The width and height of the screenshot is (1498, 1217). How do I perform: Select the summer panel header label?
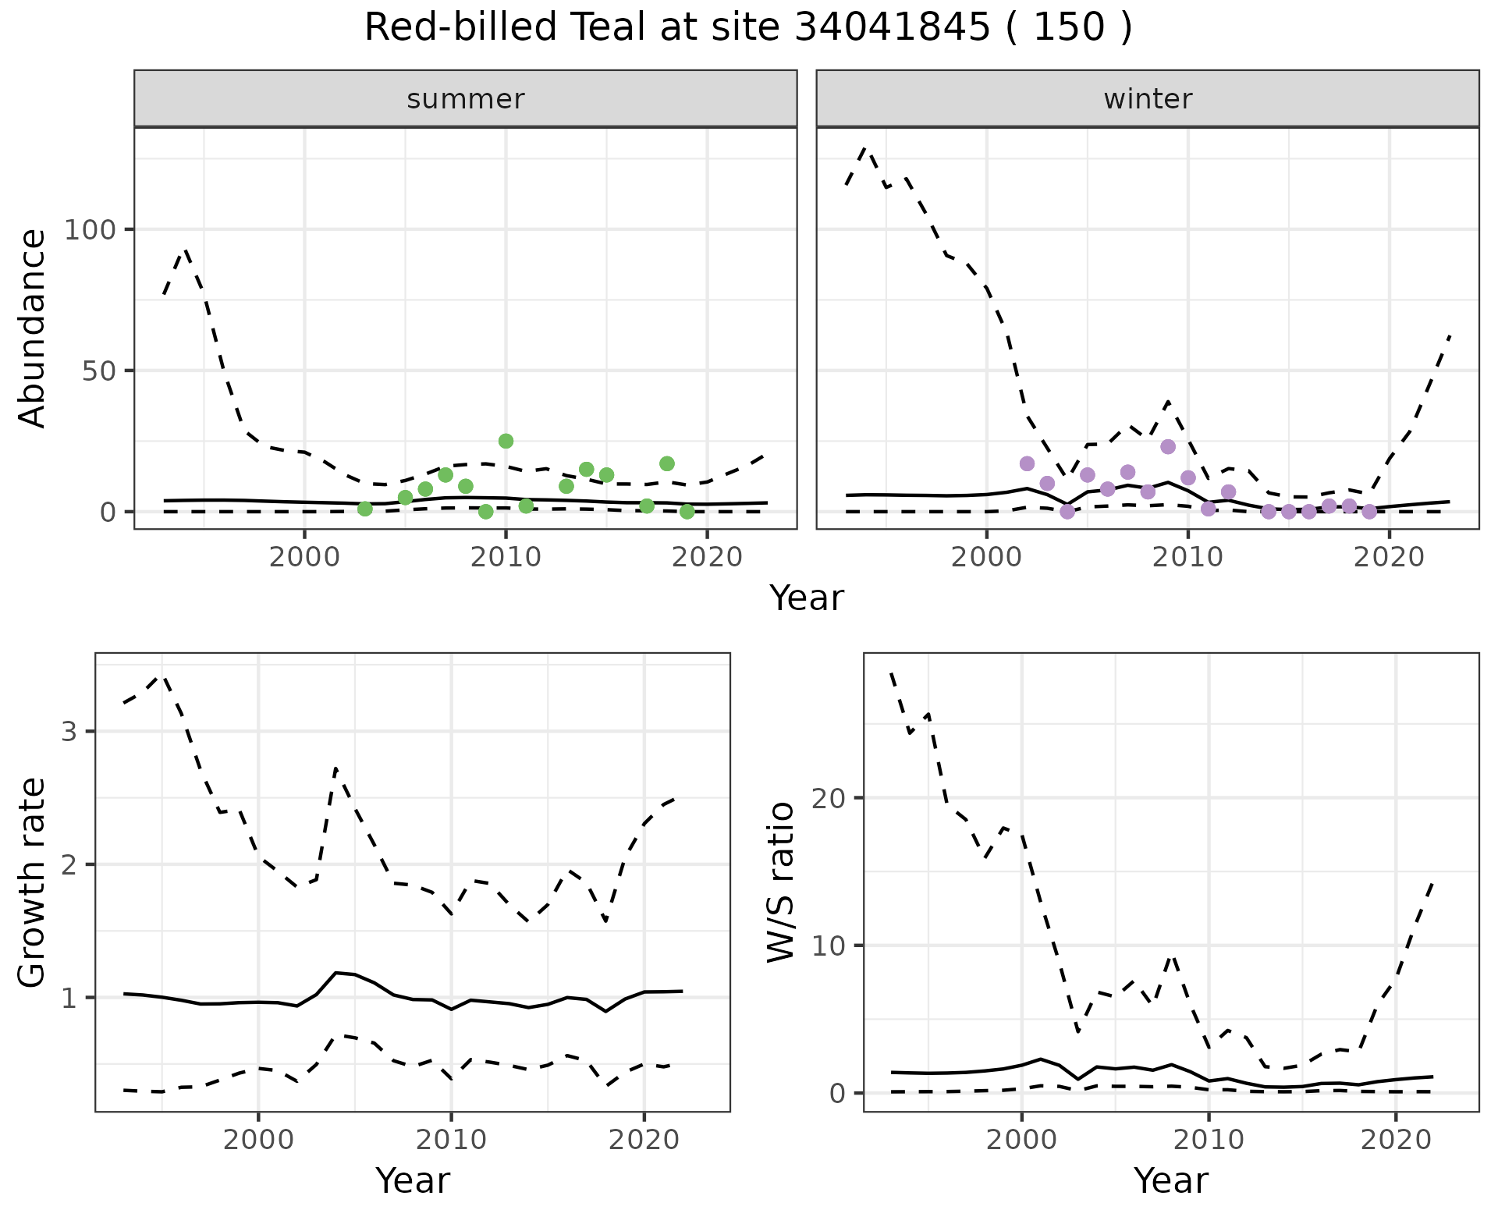(x=466, y=99)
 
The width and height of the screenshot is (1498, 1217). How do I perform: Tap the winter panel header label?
(x=1148, y=99)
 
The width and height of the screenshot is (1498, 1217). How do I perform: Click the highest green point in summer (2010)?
(x=506, y=442)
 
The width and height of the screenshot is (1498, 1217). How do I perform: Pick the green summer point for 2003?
(x=364, y=509)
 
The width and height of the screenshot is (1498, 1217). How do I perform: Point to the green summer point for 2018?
(x=666, y=463)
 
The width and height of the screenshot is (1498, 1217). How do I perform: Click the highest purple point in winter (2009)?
(x=1168, y=447)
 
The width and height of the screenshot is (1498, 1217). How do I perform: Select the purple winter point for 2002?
(x=1027, y=463)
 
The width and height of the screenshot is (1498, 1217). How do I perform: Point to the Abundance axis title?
(x=33, y=328)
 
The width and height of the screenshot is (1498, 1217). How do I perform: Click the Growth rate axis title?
(x=33, y=882)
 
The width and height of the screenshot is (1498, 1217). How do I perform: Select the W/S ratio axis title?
(x=781, y=882)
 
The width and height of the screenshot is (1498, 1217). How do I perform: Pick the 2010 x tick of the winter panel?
(x=1187, y=557)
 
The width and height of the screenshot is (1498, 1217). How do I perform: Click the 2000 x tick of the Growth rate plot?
(x=258, y=1140)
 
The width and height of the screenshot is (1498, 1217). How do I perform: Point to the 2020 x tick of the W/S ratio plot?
(x=1395, y=1140)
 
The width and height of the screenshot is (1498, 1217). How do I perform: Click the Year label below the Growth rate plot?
(x=413, y=1181)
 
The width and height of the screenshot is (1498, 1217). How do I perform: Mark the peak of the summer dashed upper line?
(x=185, y=250)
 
